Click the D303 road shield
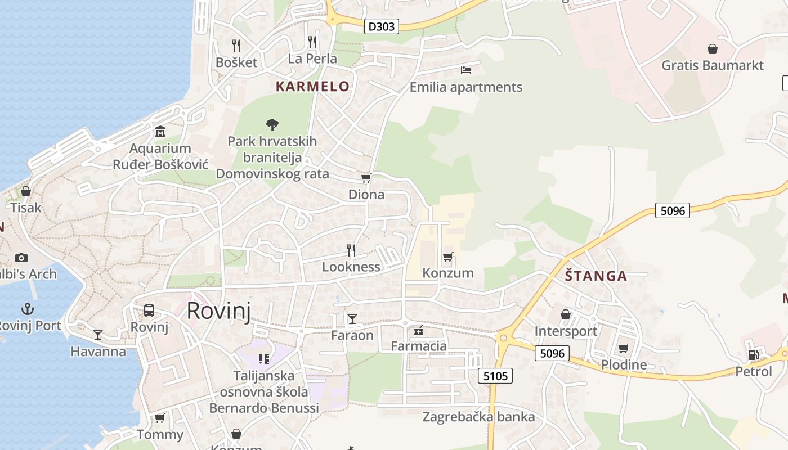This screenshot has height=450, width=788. click(382, 26)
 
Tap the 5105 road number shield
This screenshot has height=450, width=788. click(495, 375)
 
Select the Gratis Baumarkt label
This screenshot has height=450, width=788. click(713, 65)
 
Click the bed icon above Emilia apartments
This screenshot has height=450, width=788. click(466, 70)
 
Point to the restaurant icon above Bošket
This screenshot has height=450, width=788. click(236, 45)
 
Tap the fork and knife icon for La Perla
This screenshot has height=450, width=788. click(312, 42)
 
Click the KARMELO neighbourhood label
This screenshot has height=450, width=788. click(312, 87)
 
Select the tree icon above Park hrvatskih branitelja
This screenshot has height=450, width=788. click(272, 124)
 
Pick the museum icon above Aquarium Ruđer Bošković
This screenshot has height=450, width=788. click(160, 132)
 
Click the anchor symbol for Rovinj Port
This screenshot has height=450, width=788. click(27, 309)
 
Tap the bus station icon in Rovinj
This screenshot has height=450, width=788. click(149, 310)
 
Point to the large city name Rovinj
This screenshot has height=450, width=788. click(218, 310)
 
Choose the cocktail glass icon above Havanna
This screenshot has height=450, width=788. click(98, 335)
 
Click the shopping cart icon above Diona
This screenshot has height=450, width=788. click(366, 178)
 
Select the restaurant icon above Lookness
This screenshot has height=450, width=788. click(351, 250)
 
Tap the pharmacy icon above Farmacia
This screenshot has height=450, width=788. click(418, 330)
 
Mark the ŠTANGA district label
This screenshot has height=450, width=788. click(596, 276)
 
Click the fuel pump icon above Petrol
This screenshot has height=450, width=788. click(753, 354)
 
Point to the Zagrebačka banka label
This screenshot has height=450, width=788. click(478, 417)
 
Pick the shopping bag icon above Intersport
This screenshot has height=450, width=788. click(566, 314)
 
